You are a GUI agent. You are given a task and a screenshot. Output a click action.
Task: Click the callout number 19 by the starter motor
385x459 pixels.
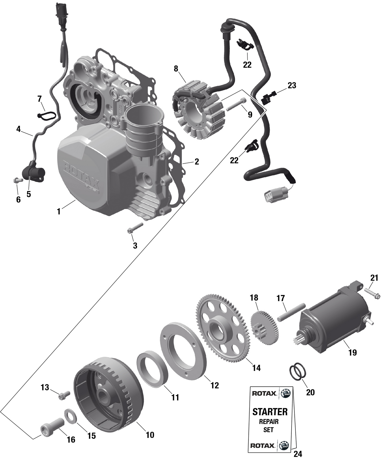353,353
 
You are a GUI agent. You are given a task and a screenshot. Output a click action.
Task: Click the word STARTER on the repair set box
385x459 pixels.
270,412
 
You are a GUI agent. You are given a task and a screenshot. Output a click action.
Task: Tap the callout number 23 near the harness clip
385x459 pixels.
292,85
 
